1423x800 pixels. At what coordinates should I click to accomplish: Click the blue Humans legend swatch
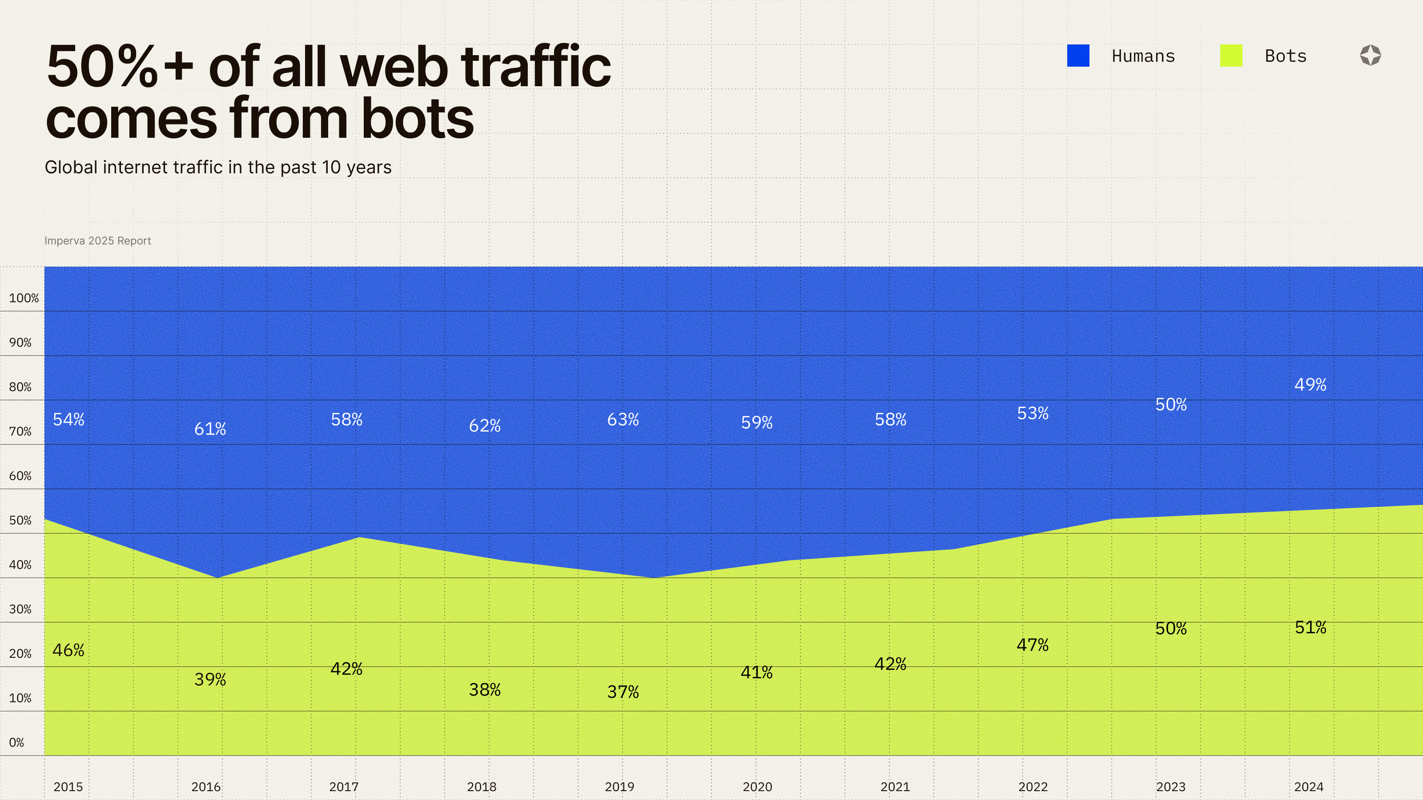(x=1078, y=56)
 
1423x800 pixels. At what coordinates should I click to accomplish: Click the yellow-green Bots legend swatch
(x=1231, y=56)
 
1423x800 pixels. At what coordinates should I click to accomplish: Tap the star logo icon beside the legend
(x=1370, y=56)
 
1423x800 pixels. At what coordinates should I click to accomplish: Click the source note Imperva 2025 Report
(x=97, y=241)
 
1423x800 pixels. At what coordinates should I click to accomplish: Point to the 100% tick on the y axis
(x=24, y=298)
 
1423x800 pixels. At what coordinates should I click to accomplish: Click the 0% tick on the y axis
(x=16, y=743)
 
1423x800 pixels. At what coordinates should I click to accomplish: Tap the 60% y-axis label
(x=20, y=476)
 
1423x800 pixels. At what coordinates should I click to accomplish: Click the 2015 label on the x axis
(x=68, y=787)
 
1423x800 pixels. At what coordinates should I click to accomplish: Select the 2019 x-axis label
(x=619, y=787)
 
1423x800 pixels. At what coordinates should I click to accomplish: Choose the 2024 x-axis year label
(x=1309, y=787)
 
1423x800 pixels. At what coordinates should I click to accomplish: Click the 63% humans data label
(x=623, y=420)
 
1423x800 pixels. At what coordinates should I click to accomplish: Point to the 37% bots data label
(x=623, y=692)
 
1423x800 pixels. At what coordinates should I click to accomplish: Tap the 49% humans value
(x=1310, y=385)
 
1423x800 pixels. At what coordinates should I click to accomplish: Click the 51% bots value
(x=1310, y=628)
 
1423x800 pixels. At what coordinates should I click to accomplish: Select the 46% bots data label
(x=68, y=650)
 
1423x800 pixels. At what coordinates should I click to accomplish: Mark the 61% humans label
(x=210, y=429)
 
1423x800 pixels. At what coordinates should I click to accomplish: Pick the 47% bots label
(x=1032, y=645)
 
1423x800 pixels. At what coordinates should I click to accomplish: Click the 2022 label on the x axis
(x=1033, y=787)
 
